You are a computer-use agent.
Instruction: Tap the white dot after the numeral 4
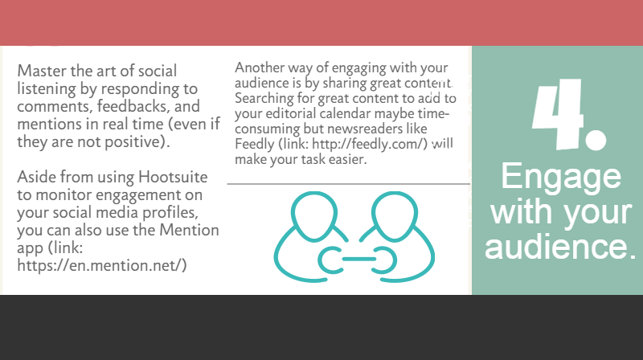(x=596, y=140)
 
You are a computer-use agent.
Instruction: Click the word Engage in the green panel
(x=561, y=176)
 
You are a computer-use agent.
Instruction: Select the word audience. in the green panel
(x=560, y=247)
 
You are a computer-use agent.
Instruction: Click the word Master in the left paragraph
(x=42, y=71)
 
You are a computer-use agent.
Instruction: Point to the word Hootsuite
(x=173, y=177)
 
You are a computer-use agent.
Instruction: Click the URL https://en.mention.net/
(x=102, y=266)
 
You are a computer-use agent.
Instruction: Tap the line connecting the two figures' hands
(x=358, y=259)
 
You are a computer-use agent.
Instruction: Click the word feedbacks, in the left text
(x=133, y=106)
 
